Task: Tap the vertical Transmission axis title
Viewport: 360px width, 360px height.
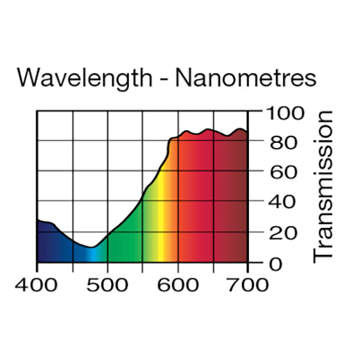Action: [322, 186]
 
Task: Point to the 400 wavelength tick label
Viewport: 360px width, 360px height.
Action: [37, 284]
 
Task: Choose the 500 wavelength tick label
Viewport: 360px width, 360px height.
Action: [107, 284]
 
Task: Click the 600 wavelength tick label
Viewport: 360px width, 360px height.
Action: [178, 284]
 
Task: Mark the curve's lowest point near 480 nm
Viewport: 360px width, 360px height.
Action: [91, 247]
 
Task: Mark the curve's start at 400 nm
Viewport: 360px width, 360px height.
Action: [38, 220]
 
